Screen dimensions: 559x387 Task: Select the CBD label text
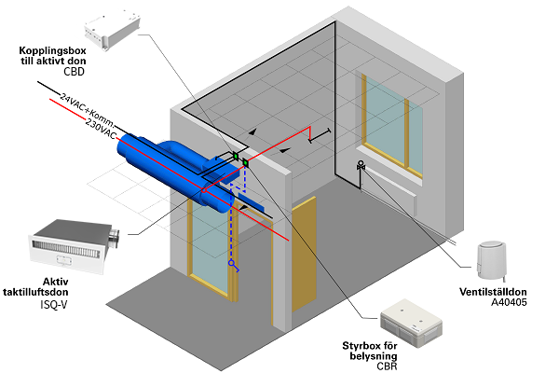[75, 72]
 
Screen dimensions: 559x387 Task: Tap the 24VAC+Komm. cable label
[88, 110]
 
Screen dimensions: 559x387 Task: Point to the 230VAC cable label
[101, 129]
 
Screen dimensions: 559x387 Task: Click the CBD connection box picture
[112, 31]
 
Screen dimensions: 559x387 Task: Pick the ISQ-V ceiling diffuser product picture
[75, 246]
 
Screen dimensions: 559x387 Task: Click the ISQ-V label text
[54, 305]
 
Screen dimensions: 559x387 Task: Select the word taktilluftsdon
[35, 292]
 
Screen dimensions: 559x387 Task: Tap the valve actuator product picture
[492, 260]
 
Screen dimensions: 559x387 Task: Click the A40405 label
[509, 302]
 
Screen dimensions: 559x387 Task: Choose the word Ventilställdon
[493, 292]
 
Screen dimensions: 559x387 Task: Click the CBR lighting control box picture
[412, 324]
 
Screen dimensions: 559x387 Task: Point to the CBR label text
[387, 366]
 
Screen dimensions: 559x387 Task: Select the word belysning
[374, 356]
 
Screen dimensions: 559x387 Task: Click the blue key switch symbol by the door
[234, 266]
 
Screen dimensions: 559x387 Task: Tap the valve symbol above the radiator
[361, 165]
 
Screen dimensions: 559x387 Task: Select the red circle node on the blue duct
[204, 190]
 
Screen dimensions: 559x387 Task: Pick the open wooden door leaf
[304, 255]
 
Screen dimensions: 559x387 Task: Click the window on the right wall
[392, 126]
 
